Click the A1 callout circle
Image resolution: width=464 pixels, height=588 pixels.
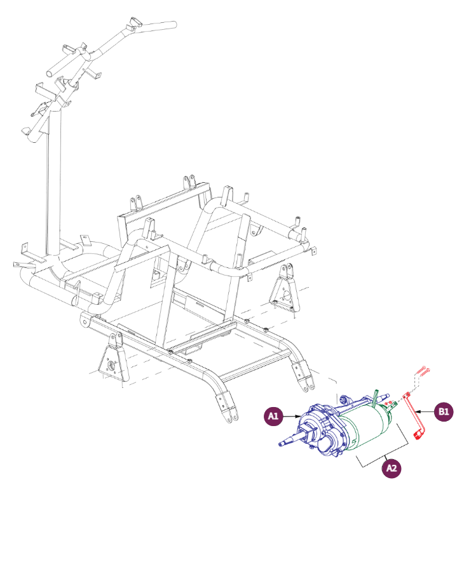point(273,416)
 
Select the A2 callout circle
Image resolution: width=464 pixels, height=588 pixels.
point(392,469)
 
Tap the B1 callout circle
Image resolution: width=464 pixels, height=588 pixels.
point(444,411)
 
